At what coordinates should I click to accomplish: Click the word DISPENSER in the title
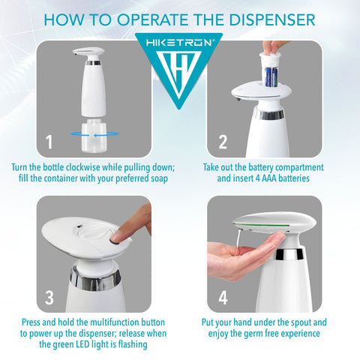coord(272,19)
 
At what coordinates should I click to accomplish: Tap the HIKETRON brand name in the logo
coord(179,43)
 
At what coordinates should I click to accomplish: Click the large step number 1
coord(49,142)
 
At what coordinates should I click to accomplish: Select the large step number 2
coord(223,142)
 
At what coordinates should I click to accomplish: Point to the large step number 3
coord(49,298)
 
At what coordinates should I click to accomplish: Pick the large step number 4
coord(223,298)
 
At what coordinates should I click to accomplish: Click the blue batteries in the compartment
coord(271,77)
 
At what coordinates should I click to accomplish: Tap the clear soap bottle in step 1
coord(94,136)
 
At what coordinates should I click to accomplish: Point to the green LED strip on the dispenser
coord(262,226)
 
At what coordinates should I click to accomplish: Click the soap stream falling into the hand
coord(238,239)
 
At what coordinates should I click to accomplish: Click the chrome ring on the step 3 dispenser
coord(95,278)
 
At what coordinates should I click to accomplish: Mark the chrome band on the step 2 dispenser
coord(268,113)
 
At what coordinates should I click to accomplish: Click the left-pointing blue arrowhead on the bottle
coord(97,135)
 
